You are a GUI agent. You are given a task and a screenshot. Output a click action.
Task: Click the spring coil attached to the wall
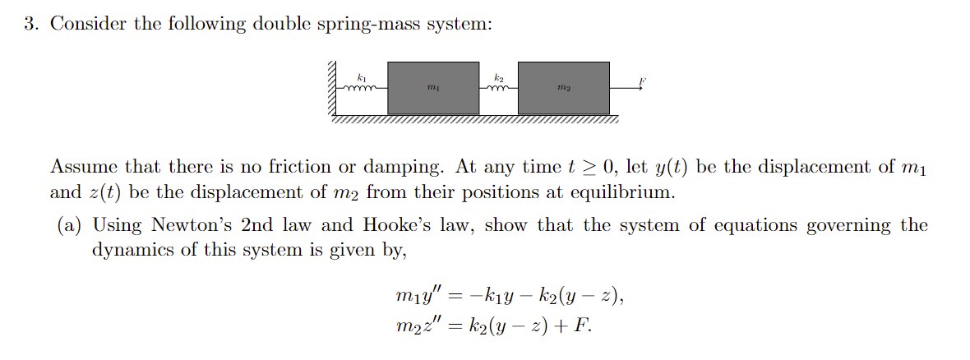[360, 87]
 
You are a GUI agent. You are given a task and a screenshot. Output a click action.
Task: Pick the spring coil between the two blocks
[498, 87]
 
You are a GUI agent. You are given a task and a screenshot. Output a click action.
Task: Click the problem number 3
[30, 24]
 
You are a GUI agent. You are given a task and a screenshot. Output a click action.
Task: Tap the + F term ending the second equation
[573, 325]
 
